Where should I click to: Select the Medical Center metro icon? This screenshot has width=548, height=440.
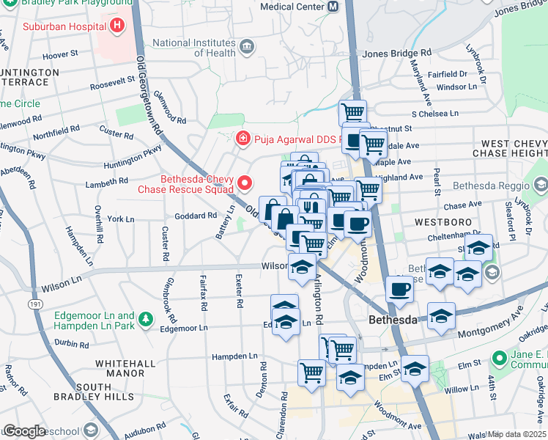(333, 7)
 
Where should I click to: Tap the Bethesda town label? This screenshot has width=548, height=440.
(392, 320)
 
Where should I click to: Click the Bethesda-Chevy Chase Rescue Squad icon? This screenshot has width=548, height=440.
(245, 183)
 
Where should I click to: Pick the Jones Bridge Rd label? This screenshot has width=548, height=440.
(397, 54)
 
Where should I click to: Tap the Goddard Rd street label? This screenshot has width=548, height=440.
(196, 216)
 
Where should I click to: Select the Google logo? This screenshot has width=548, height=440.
(24, 431)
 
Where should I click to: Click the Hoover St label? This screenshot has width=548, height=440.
(60, 54)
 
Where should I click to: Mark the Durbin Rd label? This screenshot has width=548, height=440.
(71, 343)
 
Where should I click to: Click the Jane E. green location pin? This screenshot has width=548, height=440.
(500, 359)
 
